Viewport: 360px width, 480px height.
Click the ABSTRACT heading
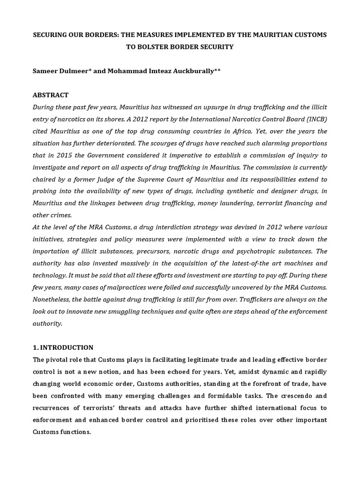(50, 95)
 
